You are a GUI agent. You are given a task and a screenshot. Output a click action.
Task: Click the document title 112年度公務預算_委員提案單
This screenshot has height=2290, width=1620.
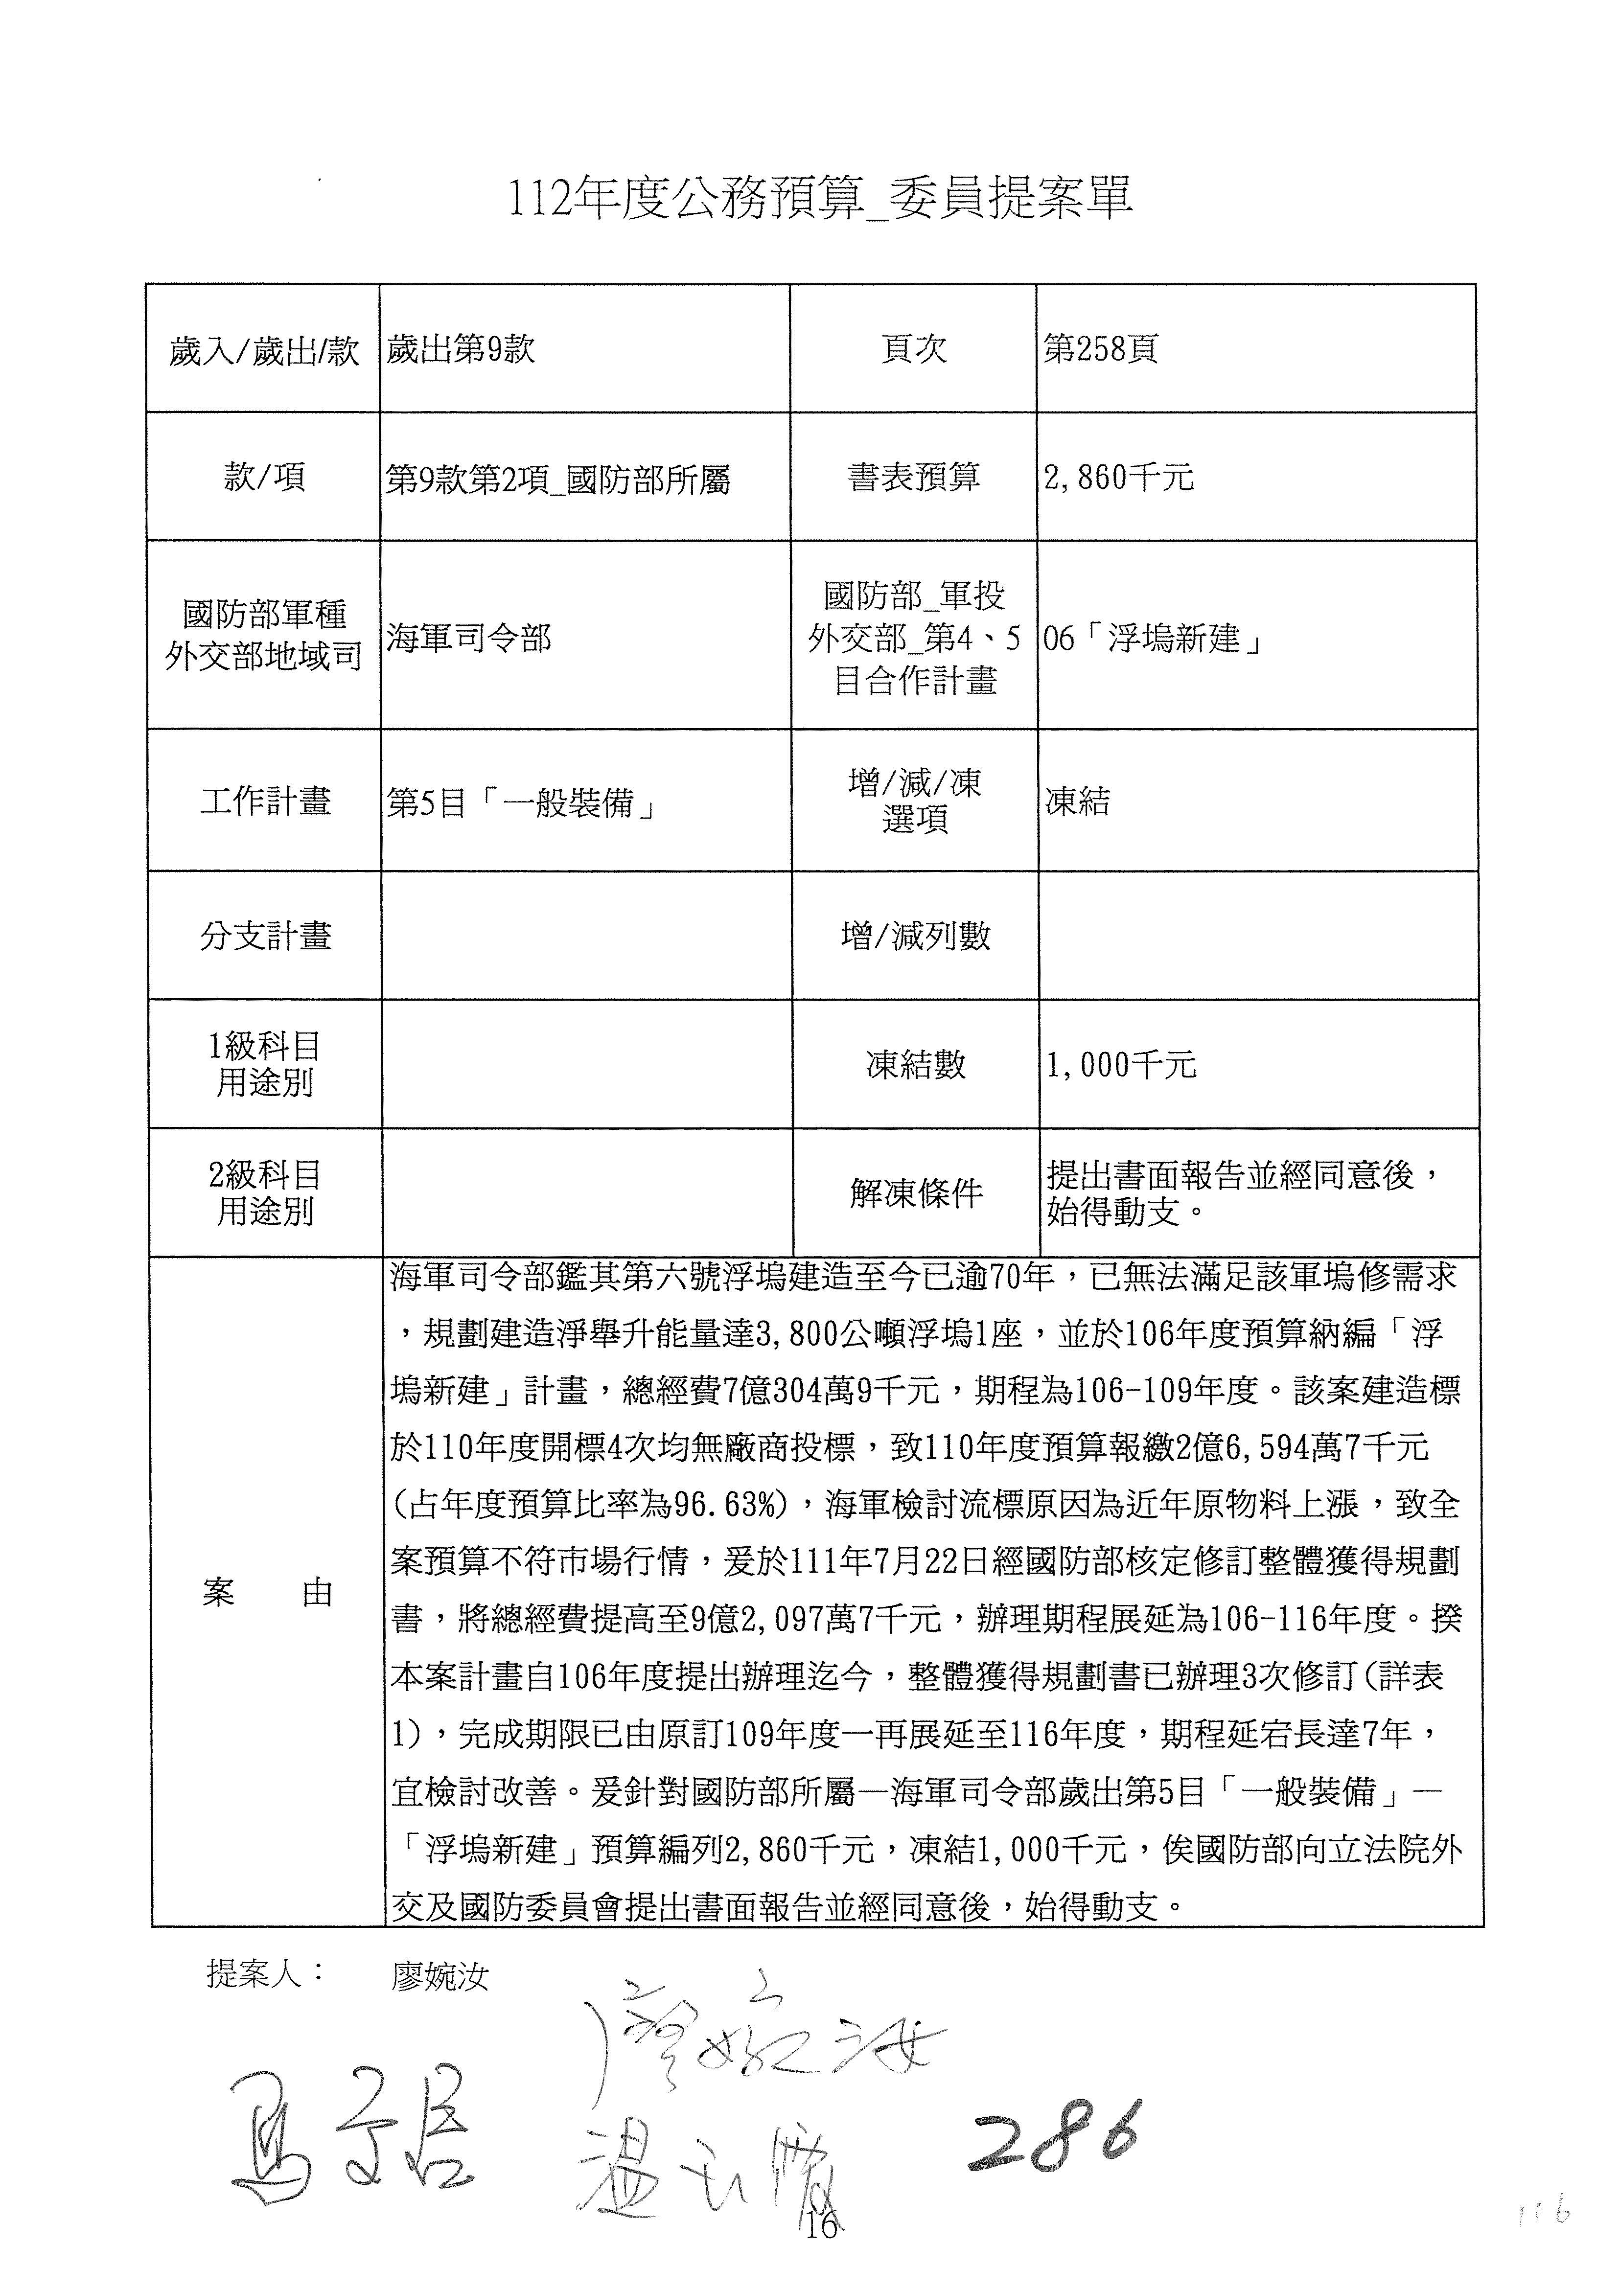(820, 199)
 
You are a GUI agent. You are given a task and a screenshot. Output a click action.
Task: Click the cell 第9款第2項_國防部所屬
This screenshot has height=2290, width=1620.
(558, 480)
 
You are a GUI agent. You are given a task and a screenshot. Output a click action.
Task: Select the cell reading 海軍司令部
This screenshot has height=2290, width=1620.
(469, 639)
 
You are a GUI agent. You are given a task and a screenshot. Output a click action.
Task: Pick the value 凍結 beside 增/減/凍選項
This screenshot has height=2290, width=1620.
(1077, 802)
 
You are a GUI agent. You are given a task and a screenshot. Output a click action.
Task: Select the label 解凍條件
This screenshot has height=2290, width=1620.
(916, 1193)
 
